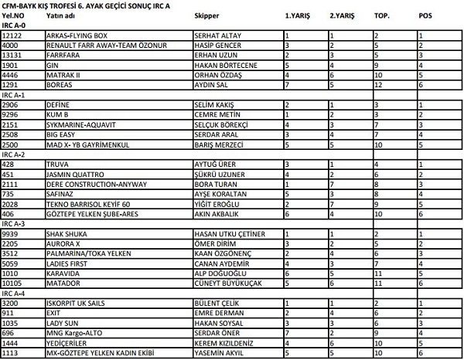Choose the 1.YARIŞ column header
pos(298,15)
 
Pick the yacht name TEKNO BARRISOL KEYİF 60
pos(86,204)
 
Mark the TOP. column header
pos(381,15)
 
